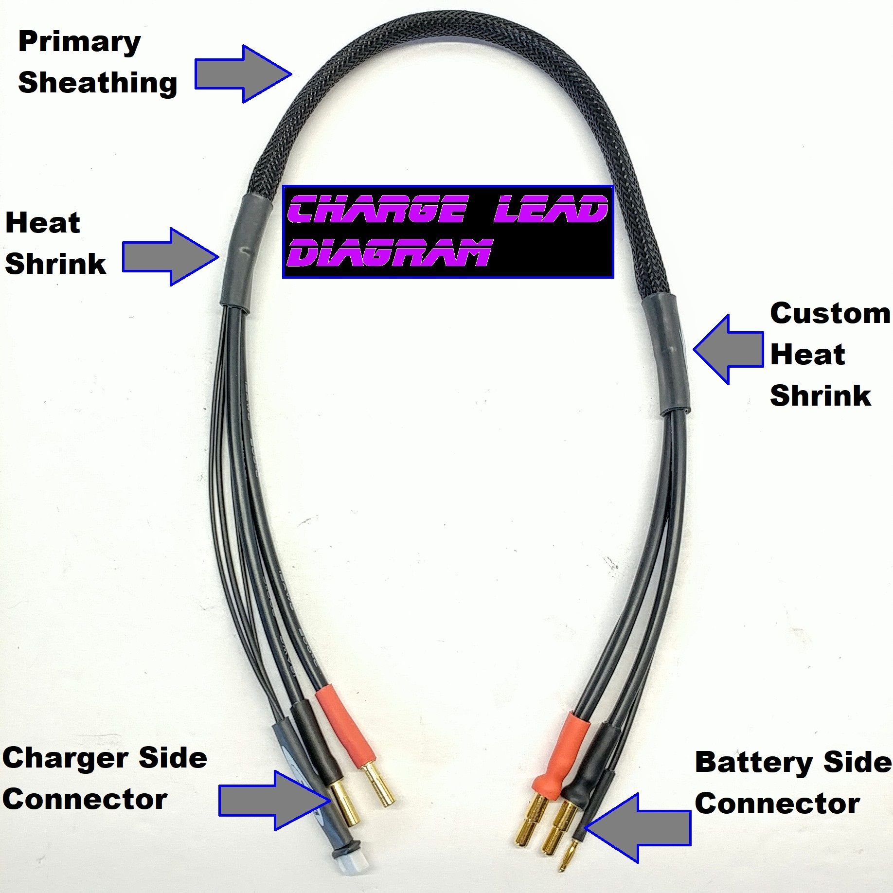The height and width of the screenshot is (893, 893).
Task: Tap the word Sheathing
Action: (97, 83)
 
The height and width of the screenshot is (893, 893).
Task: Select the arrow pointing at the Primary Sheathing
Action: (243, 74)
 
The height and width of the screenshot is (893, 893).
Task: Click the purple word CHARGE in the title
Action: (377, 210)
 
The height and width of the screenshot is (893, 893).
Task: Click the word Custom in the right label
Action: (830, 313)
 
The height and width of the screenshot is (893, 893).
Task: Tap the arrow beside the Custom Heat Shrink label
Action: (728, 349)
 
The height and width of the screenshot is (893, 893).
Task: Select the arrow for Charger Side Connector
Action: (275, 800)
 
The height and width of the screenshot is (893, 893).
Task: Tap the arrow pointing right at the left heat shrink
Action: (170, 256)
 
